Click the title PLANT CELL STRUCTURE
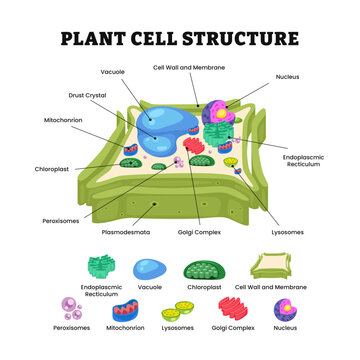click(x=180, y=39)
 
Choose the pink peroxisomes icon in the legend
click(x=72, y=308)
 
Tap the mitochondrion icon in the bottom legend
click(x=125, y=309)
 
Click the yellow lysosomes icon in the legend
click(x=178, y=310)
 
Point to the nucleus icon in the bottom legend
click(x=284, y=308)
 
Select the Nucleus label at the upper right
click(x=290, y=76)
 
